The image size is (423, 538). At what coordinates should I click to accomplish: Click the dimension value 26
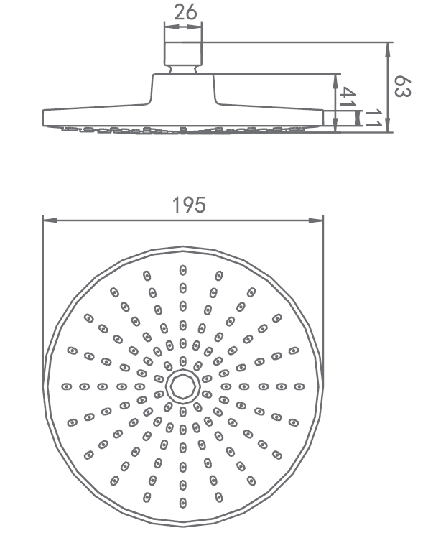click(x=185, y=12)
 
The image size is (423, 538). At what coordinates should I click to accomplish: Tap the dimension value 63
click(x=401, y=86)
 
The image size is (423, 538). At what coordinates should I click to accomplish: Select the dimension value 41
click(x=348, y=96)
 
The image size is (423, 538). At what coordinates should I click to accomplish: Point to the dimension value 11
click(x=373, y=119)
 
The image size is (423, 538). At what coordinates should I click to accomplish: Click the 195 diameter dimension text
click(x=189, y=205)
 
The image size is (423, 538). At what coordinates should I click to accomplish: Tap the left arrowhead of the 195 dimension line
click(x=50, y=221)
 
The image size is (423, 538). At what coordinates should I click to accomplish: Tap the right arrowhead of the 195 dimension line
click(x=316, y=221)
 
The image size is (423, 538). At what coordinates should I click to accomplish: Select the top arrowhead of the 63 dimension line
click(x=388, y=50)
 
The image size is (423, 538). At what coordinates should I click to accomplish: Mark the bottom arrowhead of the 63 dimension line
click(x=388, y=125)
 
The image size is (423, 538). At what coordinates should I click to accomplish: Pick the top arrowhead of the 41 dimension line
click(x=335, y=80)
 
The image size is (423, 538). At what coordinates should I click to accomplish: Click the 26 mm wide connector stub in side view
click(x=183, y=54)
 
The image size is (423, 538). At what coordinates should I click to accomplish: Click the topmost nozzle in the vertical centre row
click(x=183, y=270)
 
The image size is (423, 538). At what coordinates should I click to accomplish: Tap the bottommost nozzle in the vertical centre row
click(x=183, y=503)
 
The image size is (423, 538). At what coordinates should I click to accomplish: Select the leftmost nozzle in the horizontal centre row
click(x=67, y=386)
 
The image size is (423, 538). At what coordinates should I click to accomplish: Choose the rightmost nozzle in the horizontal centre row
click(x=299, y=386)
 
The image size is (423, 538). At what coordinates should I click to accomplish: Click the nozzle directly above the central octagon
click(x=183, y=361)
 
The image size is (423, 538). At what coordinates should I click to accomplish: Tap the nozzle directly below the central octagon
click(x=183, y=412)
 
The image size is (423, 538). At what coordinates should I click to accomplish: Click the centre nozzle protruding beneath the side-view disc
click(x=183, y=130)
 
